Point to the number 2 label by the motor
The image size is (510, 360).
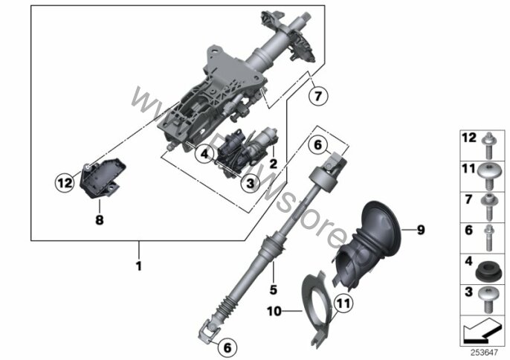[273, 163]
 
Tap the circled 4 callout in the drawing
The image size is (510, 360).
[202, 154]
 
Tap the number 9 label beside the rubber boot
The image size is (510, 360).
[420, 230]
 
